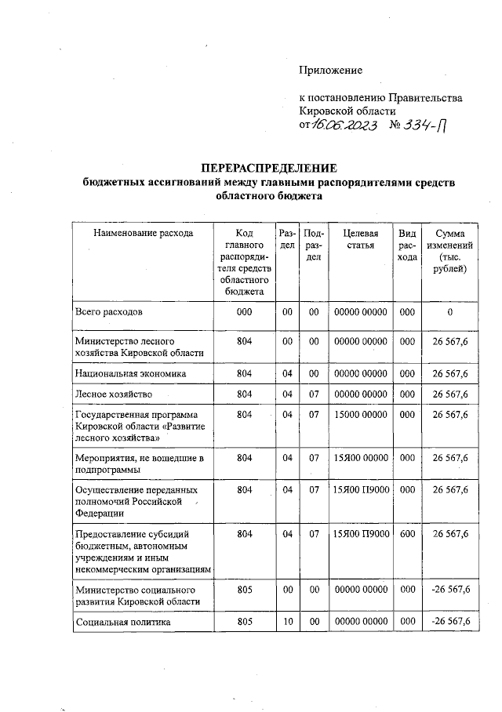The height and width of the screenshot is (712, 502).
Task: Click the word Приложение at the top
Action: (330, 70)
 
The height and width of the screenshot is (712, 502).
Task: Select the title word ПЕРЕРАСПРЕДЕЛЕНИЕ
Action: (268, 169)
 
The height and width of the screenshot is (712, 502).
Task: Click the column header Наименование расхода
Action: (143, 233)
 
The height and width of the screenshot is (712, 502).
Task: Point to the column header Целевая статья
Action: (360, 239)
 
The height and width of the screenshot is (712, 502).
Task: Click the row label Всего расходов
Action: (109, 312)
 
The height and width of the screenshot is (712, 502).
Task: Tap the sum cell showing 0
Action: (450, 312)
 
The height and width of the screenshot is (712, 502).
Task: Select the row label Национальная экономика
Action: (130, 373)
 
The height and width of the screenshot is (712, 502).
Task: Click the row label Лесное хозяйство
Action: (114, 393)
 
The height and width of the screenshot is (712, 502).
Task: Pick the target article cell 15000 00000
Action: (360, 413)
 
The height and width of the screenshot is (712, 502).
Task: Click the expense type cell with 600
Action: (406, 534)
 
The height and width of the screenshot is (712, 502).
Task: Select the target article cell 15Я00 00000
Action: (360, 457)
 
